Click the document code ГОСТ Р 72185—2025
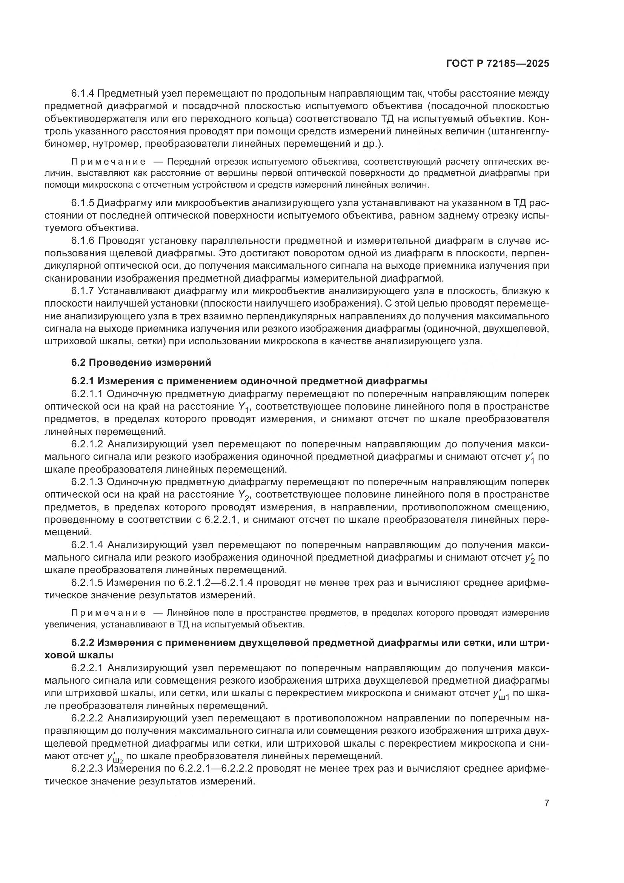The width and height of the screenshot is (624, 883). (498, 64)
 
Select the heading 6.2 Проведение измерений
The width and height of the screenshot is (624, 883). (141, 362)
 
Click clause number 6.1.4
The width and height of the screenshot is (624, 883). (83, 94)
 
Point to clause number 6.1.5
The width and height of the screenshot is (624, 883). (83, 203)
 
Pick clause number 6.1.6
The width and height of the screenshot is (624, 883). (83, 241)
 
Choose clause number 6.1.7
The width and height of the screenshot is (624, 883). (83, 291)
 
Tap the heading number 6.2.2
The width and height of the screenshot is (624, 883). (83, 643)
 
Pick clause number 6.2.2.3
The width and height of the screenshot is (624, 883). (88, 769)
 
